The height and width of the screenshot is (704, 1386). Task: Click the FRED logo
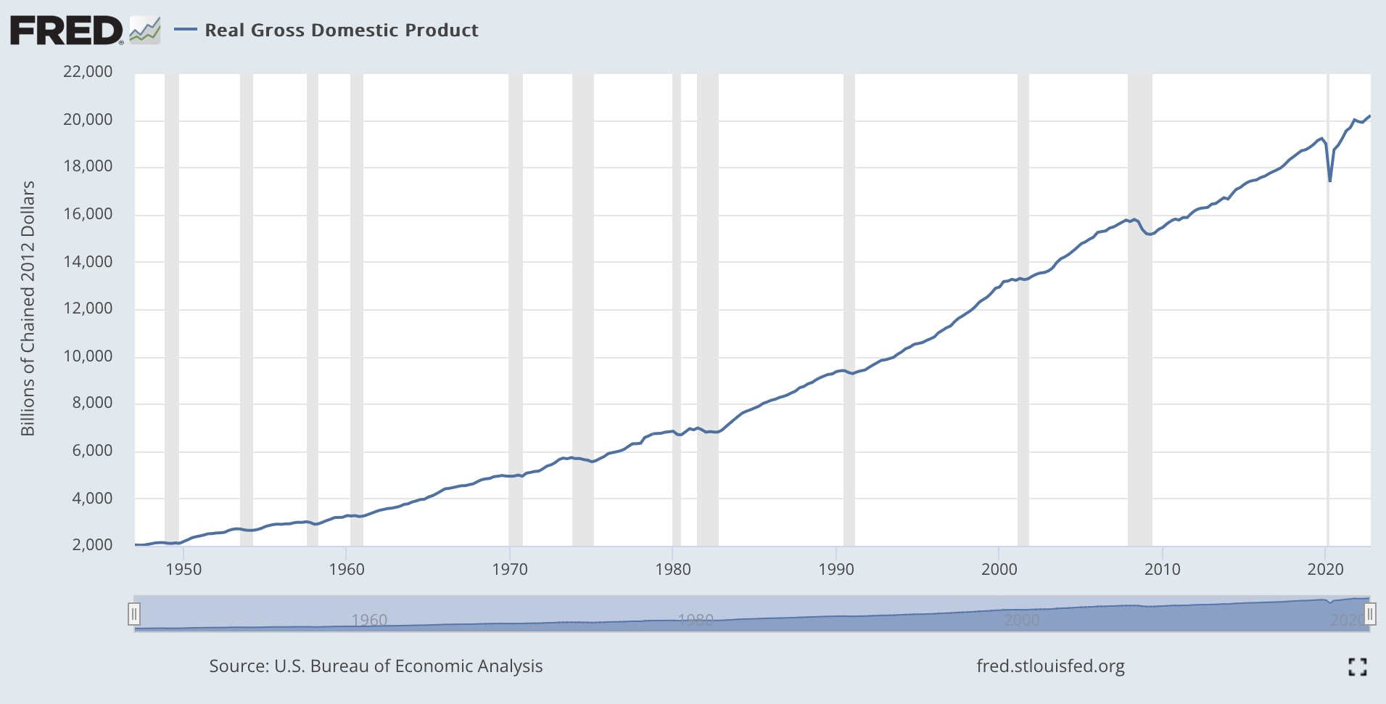pos(67,30)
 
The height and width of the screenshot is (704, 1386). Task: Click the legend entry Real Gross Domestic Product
pos(341,30)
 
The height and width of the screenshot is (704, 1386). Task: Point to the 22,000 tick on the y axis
pos(88,71)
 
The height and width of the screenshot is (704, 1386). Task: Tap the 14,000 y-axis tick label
pos(88,261)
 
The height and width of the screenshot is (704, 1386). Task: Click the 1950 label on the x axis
pos(183,570)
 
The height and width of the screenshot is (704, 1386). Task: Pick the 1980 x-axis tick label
pos(673,570)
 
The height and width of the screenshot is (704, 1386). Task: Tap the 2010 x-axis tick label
pos(1163,570)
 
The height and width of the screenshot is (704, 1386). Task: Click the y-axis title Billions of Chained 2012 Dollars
pos(28,308)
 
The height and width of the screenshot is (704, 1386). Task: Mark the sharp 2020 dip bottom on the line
pos(1329,181)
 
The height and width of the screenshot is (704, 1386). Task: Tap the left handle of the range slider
pos(133,615)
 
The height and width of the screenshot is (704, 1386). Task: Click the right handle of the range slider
pos(1369,615)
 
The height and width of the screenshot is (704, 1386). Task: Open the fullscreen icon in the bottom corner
pos(1357,666)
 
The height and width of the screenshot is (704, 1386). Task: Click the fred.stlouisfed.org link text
pos(1050,666)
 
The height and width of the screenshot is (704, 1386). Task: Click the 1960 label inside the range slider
pos(369,621)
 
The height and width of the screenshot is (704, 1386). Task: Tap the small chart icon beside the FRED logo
pos(144,31)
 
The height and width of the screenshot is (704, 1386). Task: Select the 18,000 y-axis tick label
pos(88,166)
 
